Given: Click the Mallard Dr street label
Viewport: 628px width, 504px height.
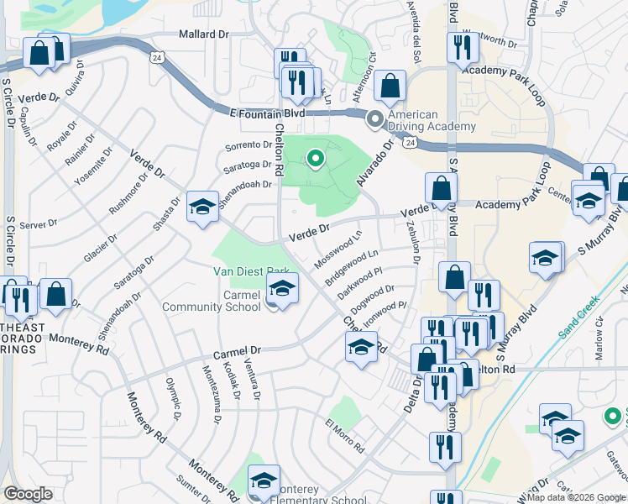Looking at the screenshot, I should coord(204,34).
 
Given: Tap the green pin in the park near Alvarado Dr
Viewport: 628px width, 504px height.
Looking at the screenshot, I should coord(316,157).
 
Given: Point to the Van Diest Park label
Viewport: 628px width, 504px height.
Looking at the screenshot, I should coord(251,270).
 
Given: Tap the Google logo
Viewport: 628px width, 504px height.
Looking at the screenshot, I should coord(29,494).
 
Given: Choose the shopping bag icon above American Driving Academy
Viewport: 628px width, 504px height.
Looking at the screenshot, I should coord(390,86).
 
